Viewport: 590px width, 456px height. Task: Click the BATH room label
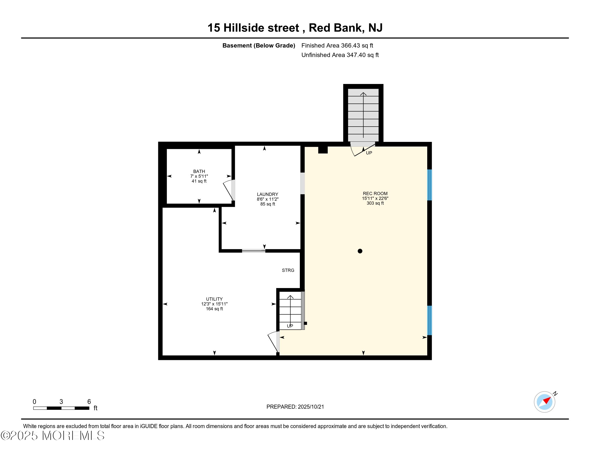(x=199, y=172)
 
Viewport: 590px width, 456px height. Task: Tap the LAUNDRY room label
(x=267, y=194)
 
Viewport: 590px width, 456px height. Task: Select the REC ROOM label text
(x=375, y=193)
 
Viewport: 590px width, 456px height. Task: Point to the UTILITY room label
(x=214, y=299)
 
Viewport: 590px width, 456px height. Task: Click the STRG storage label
(x=288, y=270)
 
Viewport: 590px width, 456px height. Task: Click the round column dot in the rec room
(x=360, y=251)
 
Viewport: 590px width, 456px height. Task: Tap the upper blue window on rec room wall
(x=430, y=185)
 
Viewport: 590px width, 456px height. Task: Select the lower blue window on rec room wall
(x=430, y=320)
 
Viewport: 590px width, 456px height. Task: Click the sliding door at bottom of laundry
(x=253, y=251)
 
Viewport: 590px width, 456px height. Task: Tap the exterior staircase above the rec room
(x=363, y=115)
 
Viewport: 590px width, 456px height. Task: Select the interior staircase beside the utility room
(x=290, y=311)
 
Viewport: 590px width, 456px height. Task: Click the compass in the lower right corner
(x=544, y=402)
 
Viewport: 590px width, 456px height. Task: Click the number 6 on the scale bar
(x=89, y=402)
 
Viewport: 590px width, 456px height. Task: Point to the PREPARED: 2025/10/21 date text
(x=295, y=407)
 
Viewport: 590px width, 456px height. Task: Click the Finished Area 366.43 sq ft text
(x=337, y=46)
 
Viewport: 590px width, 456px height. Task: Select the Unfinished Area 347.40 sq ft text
(x=340, y=55)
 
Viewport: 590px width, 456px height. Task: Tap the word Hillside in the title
(x=261, y=28)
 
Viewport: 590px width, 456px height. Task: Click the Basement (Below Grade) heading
(x=259, y=46)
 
